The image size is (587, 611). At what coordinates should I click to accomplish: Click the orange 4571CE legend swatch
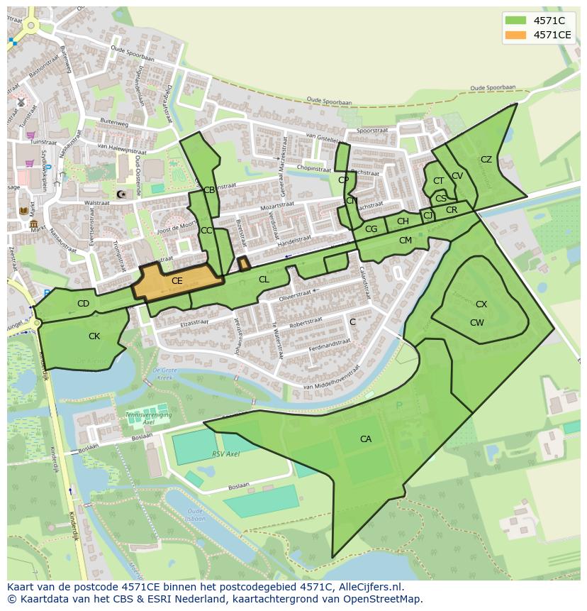click(x=515, y=35)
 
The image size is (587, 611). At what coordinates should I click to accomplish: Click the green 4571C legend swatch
click(x=515, y=21)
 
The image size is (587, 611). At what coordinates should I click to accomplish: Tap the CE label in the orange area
click(x=177, y=281)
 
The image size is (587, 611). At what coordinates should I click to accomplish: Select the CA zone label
click(x=365, y=439)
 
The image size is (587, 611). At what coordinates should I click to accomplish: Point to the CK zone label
click(x=94, y=336)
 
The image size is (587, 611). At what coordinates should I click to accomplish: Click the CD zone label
click(x=83, y=304)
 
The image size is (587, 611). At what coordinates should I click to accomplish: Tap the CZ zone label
click(x=486, y=160)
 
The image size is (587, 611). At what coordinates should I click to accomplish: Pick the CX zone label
click(x=481, y=304)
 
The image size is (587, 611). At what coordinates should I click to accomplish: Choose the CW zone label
click(x=476, y=323)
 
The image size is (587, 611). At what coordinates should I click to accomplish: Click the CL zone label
click(x=264, y=280)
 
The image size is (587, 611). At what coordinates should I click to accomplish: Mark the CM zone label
click(x=405, y=241)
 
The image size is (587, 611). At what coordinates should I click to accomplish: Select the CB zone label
click(x=209, y=190)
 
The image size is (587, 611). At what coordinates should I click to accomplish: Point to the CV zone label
click(x=457, y=176)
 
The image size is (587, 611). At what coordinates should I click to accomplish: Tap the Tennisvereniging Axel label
click(x=148, y=418)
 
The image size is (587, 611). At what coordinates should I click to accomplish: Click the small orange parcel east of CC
click(x=243, y=264)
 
